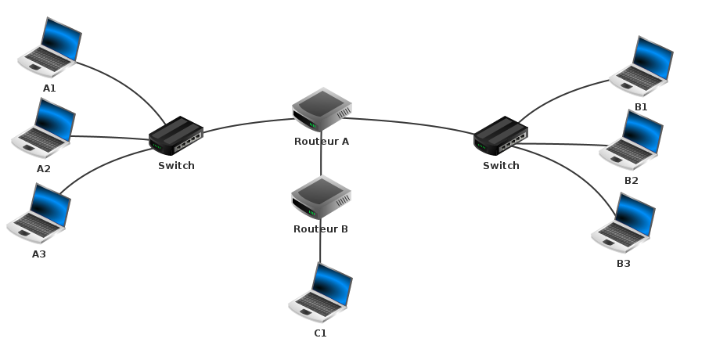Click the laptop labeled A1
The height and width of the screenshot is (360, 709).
50,46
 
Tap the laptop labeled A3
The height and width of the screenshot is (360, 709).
39,214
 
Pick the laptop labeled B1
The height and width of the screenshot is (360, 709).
642,64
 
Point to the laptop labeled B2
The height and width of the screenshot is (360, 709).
632,140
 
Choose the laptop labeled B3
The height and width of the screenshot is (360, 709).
624,222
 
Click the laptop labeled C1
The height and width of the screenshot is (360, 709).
321,293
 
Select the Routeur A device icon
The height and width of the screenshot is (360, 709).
322,110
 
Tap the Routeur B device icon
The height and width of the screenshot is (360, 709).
321,197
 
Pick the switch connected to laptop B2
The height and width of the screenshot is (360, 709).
501,135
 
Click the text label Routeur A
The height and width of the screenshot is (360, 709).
322,142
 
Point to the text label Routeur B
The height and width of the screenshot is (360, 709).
321,229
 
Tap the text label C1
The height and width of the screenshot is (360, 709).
320,333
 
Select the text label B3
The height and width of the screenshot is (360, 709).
623,264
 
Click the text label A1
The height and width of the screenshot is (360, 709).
49,88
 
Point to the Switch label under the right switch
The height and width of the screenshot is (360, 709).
501,166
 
